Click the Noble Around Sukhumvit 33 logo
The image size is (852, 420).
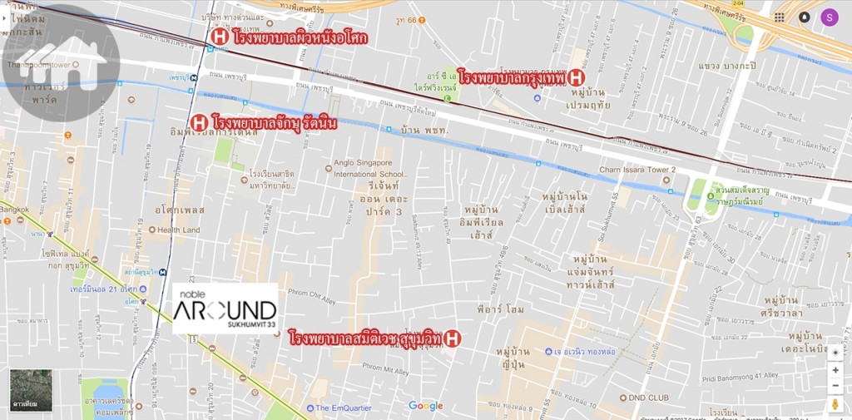(225, 309)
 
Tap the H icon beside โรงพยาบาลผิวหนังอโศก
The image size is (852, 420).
(220, 37)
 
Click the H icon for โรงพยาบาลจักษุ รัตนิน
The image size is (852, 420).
(199, 124)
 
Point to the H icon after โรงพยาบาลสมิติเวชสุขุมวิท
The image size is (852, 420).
(451, 338)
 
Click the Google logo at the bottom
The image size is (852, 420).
(426, 406)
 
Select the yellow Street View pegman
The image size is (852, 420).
(835, 404)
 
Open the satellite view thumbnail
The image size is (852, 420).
(31, 391)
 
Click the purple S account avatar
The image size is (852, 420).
(830, 17)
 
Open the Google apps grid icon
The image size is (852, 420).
(779, 17)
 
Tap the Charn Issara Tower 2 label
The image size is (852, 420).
(638, 170)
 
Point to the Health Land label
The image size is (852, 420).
(178, 230)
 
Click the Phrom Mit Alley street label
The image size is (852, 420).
(392, 371)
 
